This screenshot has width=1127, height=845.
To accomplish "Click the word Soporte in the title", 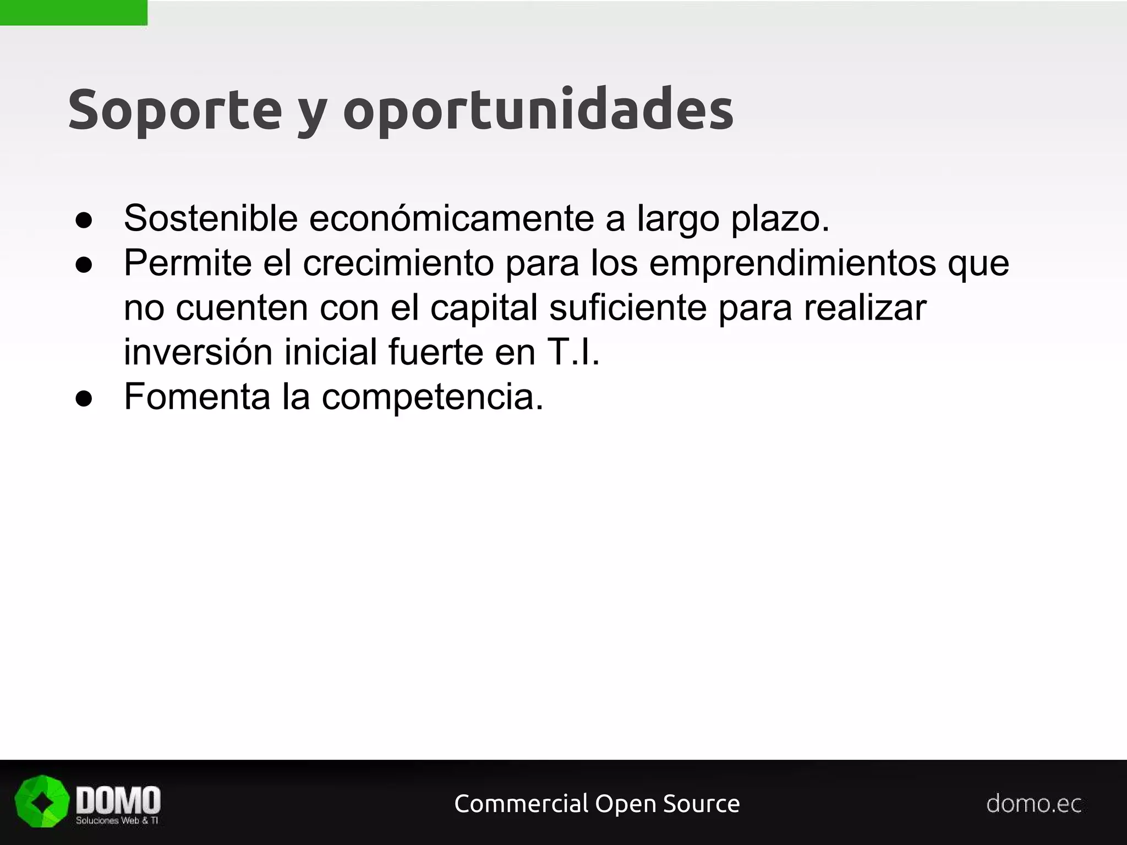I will [x=175, y=109].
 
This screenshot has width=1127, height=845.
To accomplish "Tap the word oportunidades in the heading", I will [x=538, y=109].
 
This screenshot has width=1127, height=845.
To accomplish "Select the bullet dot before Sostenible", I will [x=84, y=221].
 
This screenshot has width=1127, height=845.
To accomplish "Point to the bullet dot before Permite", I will [x=84, y=265].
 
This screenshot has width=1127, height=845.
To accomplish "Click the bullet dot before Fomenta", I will [x=84, y=399].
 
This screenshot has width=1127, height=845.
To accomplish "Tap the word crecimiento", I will [x=398, y=263].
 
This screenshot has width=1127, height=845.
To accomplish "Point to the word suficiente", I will [x=628, y=308].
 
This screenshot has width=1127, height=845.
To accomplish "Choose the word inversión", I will [x=198, y=352].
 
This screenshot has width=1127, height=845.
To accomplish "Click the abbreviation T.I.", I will [x=573, y=352].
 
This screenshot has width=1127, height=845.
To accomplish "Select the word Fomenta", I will [x=197, y=397].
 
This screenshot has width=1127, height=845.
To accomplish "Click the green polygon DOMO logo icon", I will [x=42, y=802].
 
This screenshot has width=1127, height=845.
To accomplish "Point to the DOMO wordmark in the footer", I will [x=118, y=800].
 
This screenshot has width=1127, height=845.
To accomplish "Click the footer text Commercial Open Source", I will [x=597, y=804].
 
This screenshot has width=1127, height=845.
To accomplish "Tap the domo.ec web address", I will [x=1033, y=804].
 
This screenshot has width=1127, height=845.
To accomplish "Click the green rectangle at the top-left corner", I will [x=73, y=13].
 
